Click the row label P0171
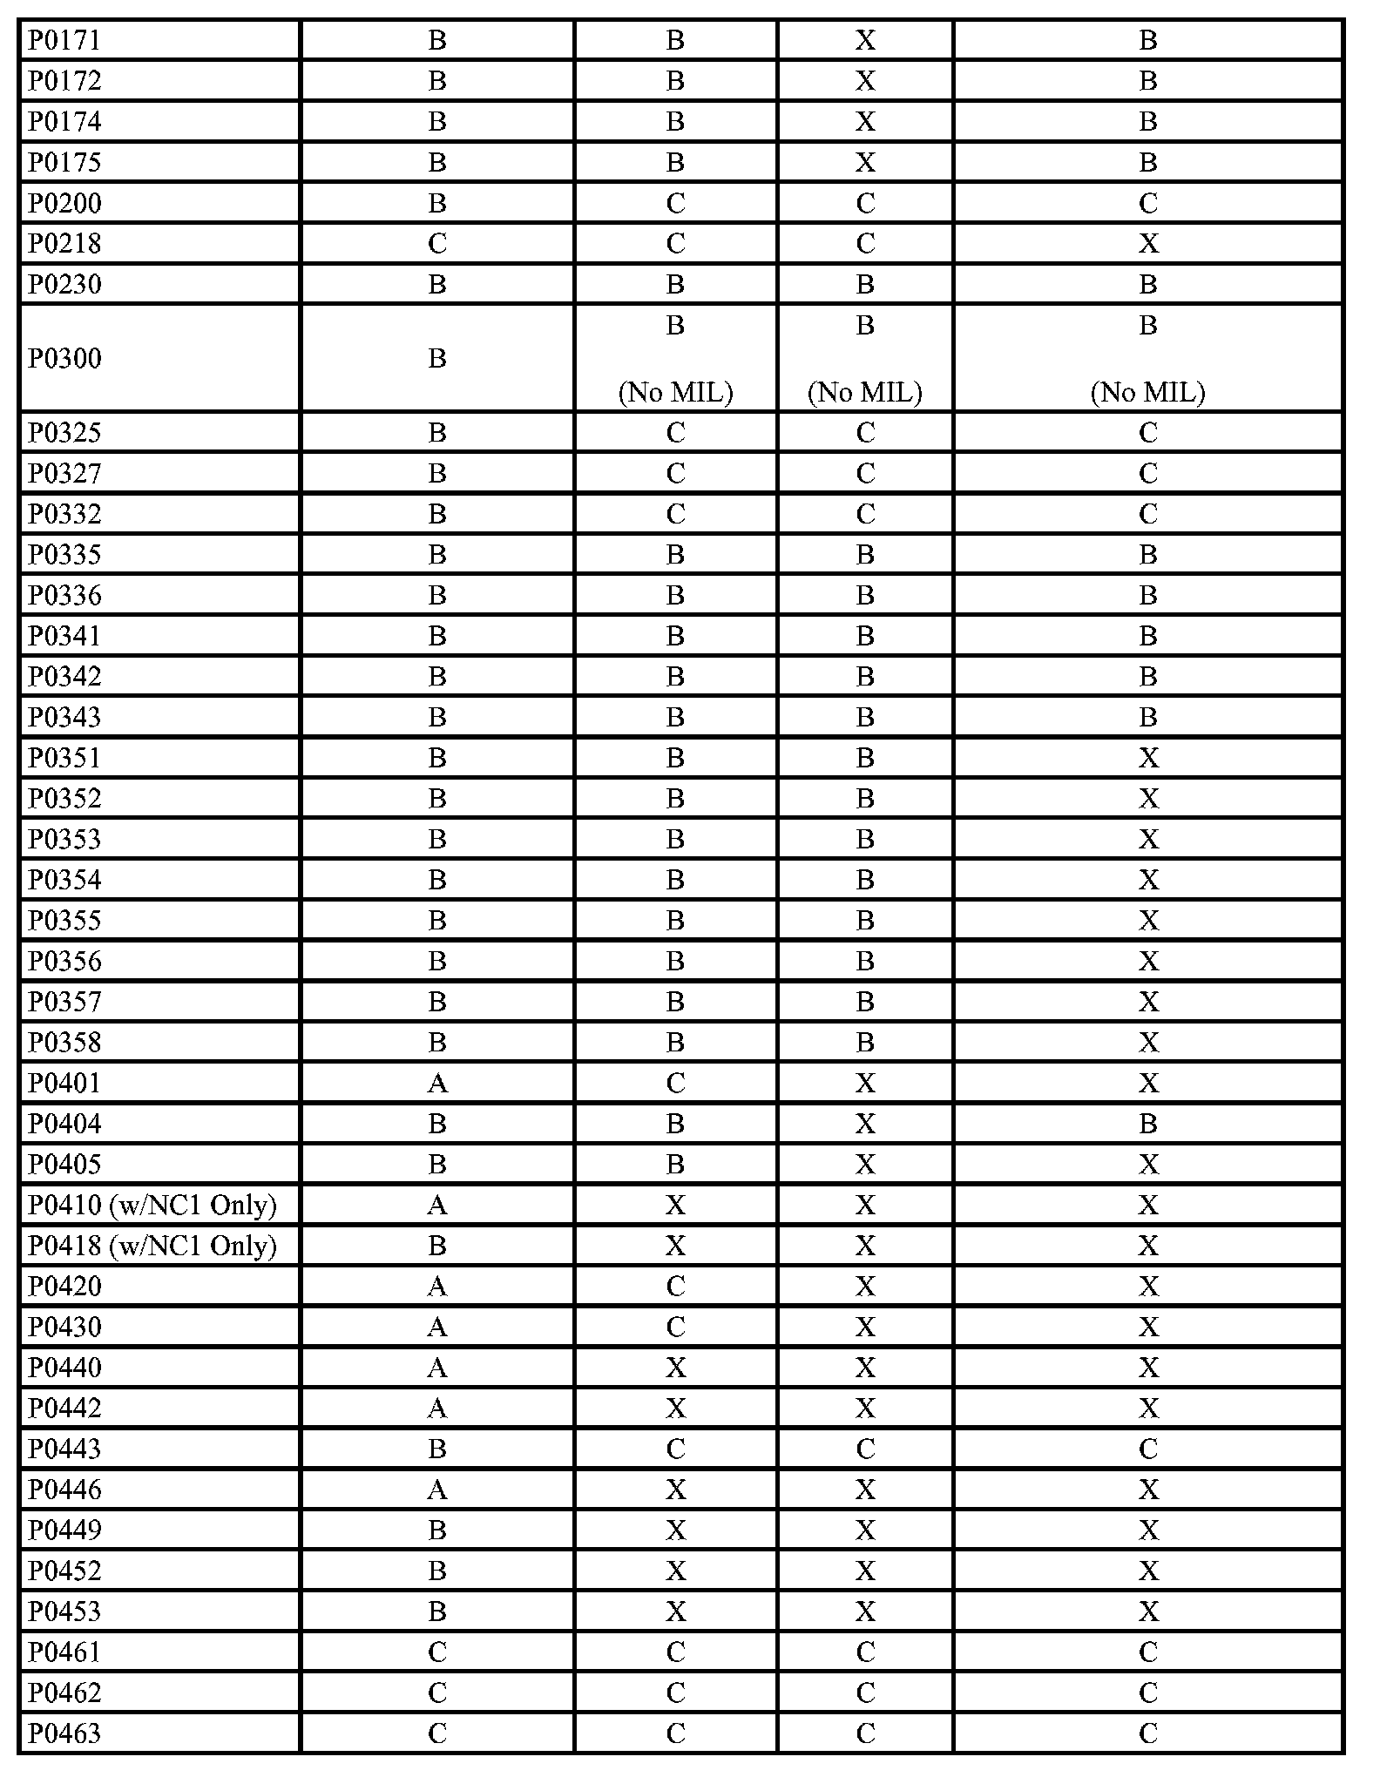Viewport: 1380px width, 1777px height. coord(64,41)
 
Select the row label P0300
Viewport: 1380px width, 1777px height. coord(64,358)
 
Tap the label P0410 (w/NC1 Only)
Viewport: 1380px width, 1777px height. coord(152,1205)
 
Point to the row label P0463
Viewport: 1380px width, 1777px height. coord(64,1733)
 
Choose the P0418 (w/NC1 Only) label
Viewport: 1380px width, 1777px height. coord(152,1246)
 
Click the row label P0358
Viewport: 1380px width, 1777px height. coord(64,1042)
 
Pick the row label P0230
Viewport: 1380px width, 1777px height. coord(64,284)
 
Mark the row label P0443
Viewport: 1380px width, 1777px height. coord(64,1449)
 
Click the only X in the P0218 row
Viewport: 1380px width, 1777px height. coord(1148,244)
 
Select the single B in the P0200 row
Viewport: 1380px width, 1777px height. coord(437,203)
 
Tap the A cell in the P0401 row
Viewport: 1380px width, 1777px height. coord(437,1083)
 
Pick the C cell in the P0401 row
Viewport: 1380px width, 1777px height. coord(675,1083)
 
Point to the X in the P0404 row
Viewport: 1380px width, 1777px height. coord(865,1124)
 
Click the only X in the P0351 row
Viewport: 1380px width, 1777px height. coord(1148,758)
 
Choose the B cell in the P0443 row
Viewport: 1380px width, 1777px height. coord(437,1449)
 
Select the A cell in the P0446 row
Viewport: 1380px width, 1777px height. coord(437,1490)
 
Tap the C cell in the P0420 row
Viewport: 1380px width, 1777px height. coord(675,1286)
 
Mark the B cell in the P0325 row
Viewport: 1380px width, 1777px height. coord(437,432)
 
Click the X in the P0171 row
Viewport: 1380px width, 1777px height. coord(865,41)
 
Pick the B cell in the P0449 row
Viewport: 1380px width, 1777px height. coord(437,1530)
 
